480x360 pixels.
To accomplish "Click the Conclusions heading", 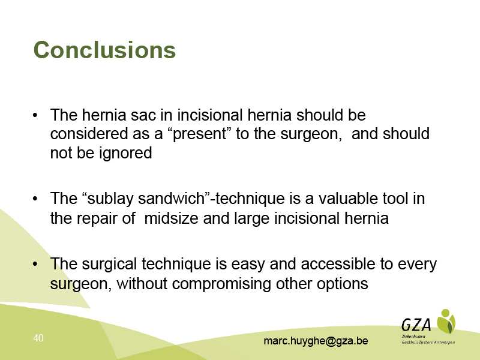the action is (x=104, y=50).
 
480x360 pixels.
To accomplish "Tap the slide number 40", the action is (x=38, y=338).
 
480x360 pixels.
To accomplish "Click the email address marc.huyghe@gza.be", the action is (x=316, y=341).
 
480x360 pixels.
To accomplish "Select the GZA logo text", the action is (x=416, y=325).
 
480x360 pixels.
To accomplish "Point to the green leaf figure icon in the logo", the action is (x=446, y=322).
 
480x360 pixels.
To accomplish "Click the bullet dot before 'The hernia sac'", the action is (x=35, y=115).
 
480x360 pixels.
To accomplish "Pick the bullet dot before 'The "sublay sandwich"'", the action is (x=35, y=199).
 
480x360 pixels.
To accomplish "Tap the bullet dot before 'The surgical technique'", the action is (x=35, y=264).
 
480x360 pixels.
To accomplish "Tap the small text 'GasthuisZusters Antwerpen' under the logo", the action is (x=428, y=343).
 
